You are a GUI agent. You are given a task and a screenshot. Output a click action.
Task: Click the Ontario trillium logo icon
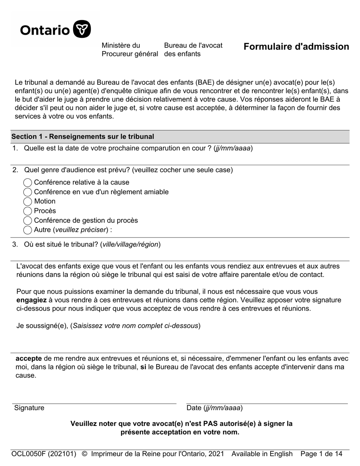click(x=81, y=29)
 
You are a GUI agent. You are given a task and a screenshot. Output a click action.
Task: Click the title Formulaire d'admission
click(x=296, y=47)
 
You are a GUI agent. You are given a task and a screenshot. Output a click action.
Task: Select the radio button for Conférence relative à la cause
click(x=28, y=183)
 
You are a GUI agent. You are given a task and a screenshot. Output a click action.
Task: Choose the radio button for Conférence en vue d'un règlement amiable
click(x=28, y=192)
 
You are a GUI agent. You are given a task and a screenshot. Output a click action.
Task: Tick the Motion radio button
click(x=28, y=202)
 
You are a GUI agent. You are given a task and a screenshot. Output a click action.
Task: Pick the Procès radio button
click(x=28, y=211)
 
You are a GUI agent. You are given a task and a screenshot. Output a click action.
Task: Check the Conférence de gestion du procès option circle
click(x=28, y=220)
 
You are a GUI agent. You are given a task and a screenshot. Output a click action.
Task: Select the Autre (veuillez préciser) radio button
click(x=28, y=230)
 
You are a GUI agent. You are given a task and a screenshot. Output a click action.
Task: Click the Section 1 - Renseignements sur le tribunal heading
click(x=83, y=136)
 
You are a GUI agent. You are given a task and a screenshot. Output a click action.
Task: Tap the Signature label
click(x=29, y=408)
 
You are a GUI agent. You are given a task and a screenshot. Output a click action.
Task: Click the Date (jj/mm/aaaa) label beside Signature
click(x=214, y=408)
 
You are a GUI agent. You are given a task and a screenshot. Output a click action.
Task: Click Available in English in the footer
click(x=262, y=454)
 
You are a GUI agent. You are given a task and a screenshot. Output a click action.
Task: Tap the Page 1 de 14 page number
click(x=321, y=454)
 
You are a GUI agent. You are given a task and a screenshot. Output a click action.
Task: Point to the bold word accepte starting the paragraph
click(x=29, y=358)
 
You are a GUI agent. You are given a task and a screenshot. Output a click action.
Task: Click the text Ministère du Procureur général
click(x=130, y=50)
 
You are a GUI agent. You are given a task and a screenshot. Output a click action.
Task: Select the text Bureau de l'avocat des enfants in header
click(x=193, y=50)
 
